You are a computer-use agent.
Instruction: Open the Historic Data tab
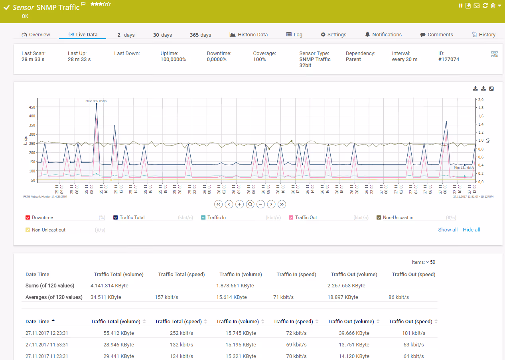point(249,35)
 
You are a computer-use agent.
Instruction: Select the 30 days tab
point(162,35)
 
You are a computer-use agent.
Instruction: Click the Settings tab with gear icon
point(333,35)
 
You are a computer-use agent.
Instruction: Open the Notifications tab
point(383,35)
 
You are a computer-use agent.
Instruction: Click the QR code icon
point(494,54)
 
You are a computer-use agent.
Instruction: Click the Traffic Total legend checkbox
point(116,218)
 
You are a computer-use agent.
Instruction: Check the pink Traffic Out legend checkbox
point(291,218)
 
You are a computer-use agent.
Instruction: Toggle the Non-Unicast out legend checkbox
point(28,230)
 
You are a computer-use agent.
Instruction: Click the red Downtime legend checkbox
point(28,218)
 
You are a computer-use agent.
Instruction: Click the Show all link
point(448,230)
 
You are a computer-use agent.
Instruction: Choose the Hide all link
point(471,230)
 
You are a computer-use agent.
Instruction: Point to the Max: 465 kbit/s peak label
point(96,101)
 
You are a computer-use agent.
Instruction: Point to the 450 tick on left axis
point(32,107)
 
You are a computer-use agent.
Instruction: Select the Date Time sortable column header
point(37,322)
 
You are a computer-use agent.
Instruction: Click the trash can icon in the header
point(493,6)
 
